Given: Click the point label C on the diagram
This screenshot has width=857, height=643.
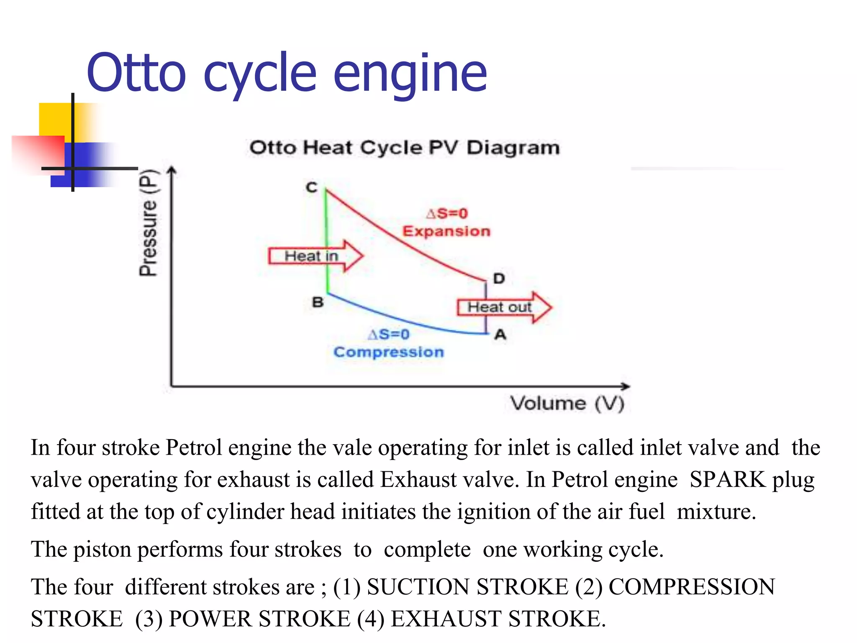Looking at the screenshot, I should [312, 187].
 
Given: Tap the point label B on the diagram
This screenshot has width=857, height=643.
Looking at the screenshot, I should [318, 302].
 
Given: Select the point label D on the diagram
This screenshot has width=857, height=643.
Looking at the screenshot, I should [499, 278].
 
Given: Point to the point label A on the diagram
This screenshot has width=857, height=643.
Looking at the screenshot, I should [500, 335].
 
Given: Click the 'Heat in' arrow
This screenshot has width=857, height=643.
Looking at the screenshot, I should [316, 256].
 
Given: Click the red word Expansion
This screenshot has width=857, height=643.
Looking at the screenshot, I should [446, 231].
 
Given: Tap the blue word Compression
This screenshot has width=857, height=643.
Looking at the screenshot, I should [388, 352].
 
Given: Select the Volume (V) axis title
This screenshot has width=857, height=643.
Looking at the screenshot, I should [567, 404].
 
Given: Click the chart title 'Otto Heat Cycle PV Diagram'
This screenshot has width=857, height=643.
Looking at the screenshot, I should [404, 148].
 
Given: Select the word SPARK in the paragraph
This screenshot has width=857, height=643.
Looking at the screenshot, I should [727, 479].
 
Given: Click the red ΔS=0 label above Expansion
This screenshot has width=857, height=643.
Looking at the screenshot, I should [446, 213].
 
